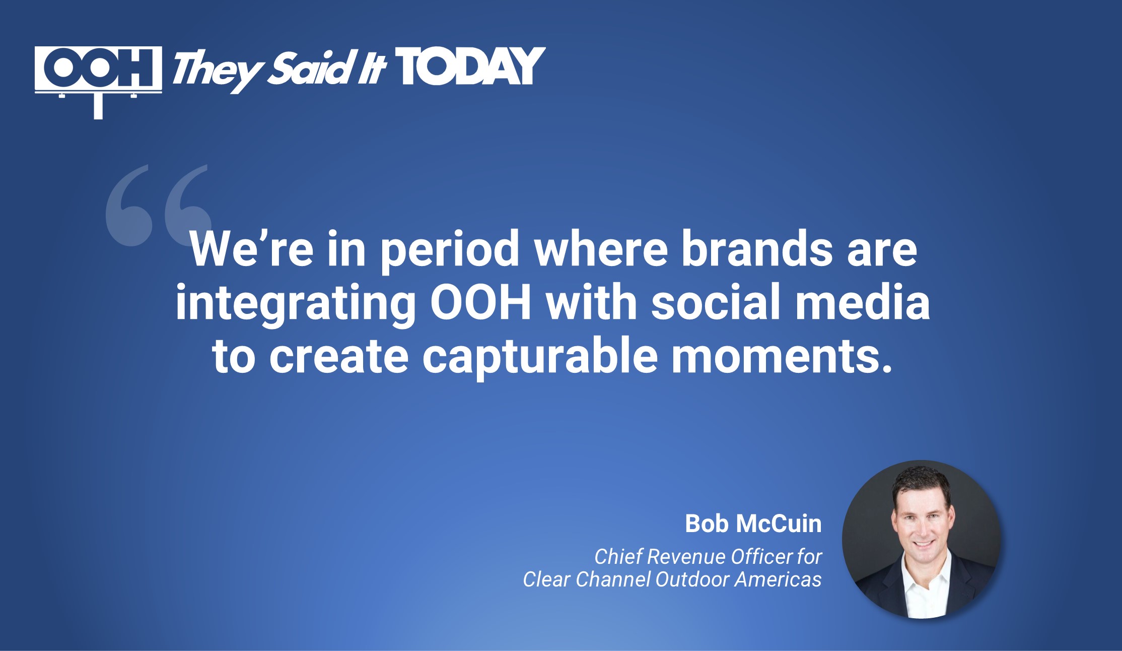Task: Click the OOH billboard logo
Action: pos(98,82)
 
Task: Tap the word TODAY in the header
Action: pos(470,67)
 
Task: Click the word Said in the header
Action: pos(309,68)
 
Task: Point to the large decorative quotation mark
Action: pos(159,205)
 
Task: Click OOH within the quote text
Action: pos(481,302)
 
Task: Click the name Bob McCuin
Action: pos(753,524)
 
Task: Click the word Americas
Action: pos(778,579)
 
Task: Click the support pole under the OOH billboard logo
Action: pos(98,106)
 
